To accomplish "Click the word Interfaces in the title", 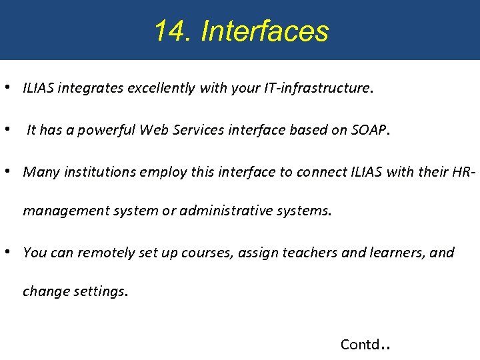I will [265, 31].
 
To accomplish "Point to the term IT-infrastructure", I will [315, 88].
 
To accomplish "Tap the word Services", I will [199, 130].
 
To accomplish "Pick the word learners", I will [396, 253].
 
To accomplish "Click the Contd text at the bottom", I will [360, 344].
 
